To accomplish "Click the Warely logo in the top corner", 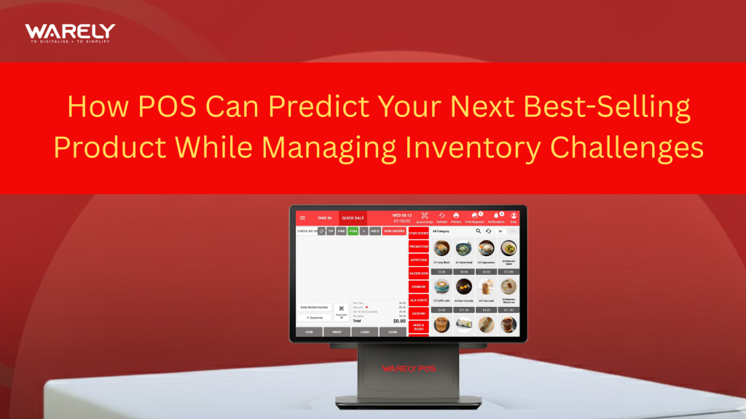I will pyautogui.click(x=69, y=33).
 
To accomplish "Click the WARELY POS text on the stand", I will pyautogui.click(x=409, y=368).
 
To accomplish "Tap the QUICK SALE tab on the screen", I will pyautogui.click(x=353, y=218).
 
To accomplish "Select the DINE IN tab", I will pyautogui.click(x=324, y=218).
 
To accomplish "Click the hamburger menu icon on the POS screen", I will pyautogui.click(x=303, y=217).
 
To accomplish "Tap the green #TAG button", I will pyautogui.click(x=353, y=231).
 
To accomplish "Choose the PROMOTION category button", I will pyautogui.click(x=419, y=247).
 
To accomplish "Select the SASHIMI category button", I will pyautogui.click(x=419, y=313).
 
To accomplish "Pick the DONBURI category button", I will pyautogui.click(x=419, y=287).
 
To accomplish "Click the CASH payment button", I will pyautogui.click(x=364, y=332).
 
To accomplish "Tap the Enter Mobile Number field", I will pyautogui.click(x=313, y=307).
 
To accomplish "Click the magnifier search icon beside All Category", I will pyautogui.click(x=479, y=231).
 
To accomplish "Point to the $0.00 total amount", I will pyautogui.click(x=399, y=321).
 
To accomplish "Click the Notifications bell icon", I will pyautogui.click(x=495, y=215).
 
